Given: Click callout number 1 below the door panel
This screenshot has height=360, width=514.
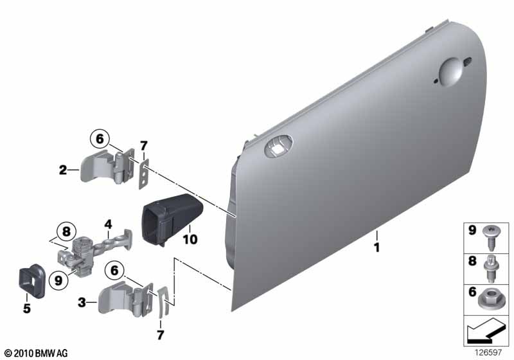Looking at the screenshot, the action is pos(377,248).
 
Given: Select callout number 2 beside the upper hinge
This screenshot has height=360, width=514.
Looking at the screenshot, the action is pos(63,170).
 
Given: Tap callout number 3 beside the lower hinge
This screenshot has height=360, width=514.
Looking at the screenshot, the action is pos(82,302).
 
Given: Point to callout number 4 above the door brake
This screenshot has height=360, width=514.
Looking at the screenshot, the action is pos(108,224).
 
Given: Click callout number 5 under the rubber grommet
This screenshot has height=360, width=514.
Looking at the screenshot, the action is pos(27,308).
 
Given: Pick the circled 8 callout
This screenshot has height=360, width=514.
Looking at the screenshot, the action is pos(66,231).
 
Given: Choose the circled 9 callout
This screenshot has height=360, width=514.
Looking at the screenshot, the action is pos(58,280).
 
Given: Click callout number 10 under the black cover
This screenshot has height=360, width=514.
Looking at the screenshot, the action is pos(190,239).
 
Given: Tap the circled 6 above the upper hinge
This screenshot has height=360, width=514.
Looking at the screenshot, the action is pos(100,139).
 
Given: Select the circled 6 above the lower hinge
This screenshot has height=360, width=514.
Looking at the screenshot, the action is pos(114,271).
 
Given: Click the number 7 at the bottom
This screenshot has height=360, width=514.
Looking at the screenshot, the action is pos(160,335).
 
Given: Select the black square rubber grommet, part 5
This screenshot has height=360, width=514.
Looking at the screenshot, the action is pos(31,281).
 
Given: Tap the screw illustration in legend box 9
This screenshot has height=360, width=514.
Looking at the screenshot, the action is pos(490,239).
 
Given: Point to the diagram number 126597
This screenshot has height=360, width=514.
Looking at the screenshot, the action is pos(489,352).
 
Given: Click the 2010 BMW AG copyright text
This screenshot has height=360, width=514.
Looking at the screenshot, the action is pos(36,353).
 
